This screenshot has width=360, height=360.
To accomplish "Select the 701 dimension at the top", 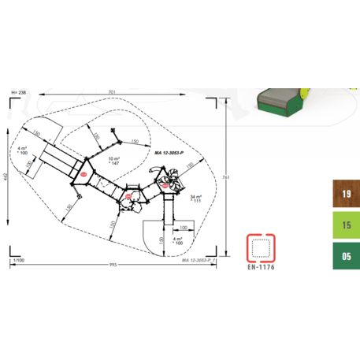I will [x=113, y=92].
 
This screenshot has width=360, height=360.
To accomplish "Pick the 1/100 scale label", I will [x=17, y=259].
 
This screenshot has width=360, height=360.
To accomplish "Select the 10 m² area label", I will [x=114, y=159].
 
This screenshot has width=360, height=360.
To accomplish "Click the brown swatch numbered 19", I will [x=346, y=195].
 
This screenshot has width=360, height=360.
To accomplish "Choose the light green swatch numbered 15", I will [x=346, y=225].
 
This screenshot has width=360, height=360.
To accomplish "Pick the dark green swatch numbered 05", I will [x=346, y=255].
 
